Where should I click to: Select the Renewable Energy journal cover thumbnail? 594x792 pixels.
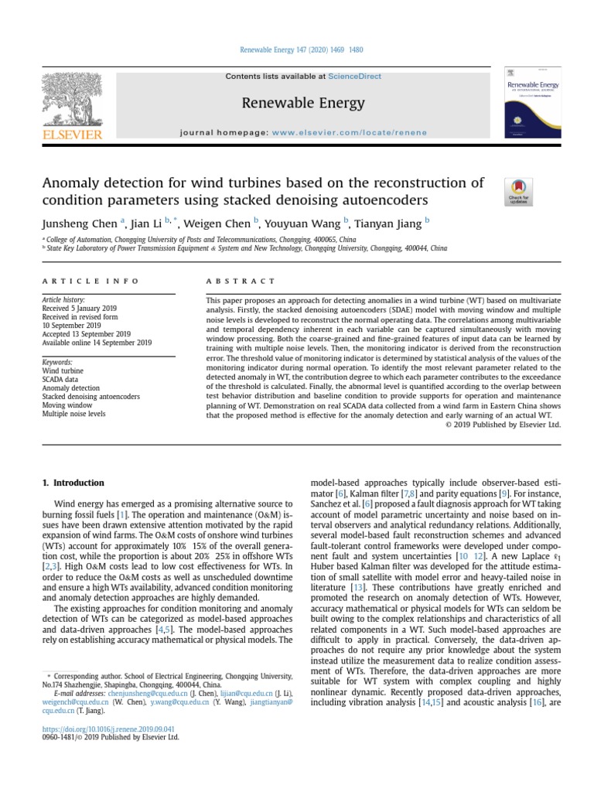coord(532,102)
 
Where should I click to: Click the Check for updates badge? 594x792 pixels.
coord(517,192)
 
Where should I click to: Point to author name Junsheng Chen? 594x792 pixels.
coord(78,224)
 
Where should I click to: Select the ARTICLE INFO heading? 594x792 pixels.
coord(90,282)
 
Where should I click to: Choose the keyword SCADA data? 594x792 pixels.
coord(61,379)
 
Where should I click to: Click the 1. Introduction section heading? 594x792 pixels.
coord(73,483)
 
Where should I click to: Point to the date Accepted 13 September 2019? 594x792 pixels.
coord(88,333)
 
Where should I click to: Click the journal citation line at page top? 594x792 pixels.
coord(297,50)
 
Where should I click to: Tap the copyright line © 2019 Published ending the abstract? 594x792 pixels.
coord(504,424)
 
